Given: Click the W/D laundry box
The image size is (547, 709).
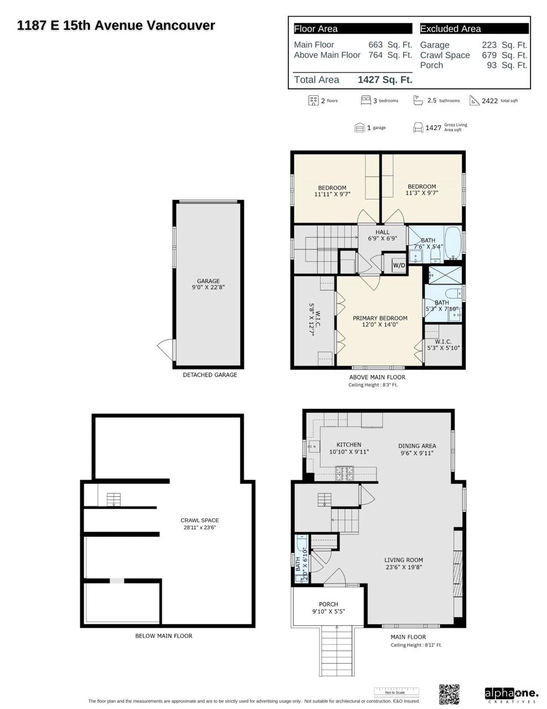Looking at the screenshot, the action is click(399, 265).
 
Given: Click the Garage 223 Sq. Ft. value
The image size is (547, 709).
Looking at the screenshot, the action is click(504, 45).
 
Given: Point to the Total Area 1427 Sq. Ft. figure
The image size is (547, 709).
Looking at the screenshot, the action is click(385, 80).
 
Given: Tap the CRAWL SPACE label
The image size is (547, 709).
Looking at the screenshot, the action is click(199, 520).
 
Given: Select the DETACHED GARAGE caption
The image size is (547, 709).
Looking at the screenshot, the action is click(210, 375).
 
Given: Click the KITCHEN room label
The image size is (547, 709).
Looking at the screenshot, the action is click(349, 444).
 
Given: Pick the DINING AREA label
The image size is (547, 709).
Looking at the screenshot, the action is click(417, 446).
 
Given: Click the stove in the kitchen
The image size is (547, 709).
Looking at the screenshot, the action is click(344, 473).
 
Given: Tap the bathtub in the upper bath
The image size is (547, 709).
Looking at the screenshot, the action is click(453, 243).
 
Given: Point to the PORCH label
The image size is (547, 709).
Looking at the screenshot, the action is click(328, 604).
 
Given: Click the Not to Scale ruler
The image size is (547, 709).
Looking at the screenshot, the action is click(396, 692).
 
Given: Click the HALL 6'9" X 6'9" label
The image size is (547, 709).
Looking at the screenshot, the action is click(383, 235).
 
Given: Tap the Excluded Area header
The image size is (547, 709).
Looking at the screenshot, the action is click(450, 29).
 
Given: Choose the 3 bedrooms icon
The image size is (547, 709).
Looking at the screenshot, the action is click(366, 100).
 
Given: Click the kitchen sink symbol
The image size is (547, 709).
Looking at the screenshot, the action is click(313, 446).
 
